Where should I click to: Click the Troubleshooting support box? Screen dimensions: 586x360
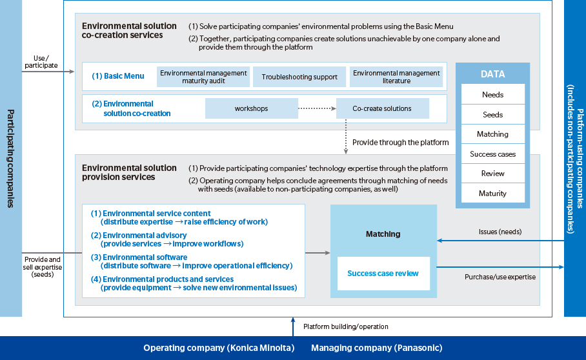[299, 77]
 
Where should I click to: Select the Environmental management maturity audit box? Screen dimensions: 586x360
[203, 77]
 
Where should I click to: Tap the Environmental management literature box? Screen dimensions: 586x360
[396, 77]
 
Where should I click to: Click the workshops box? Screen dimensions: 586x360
[252, 108]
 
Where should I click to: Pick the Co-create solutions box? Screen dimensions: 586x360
[382, 108]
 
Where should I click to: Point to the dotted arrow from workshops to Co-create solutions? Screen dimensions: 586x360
[318, 108]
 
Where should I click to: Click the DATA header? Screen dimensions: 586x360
[492, 74]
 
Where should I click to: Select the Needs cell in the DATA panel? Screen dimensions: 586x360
[493, 94]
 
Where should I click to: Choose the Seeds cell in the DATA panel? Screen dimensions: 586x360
[493, 115]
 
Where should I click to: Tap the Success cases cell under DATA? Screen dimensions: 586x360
[493, 154]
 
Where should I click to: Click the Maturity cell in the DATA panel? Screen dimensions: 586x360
[493, 193]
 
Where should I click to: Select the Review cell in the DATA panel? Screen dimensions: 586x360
[493, 174]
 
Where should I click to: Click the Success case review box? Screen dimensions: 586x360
[383, 274]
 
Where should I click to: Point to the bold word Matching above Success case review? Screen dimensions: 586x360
[383, 234]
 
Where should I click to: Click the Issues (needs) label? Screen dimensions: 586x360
[500, 232]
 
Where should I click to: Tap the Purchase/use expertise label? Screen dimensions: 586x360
[500, 277]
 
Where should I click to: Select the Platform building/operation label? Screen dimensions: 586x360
[346, 326]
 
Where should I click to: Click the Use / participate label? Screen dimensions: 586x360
[41, 62]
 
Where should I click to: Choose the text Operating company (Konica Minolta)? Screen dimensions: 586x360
[219, 348]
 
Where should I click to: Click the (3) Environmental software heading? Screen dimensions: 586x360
[139, 257]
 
